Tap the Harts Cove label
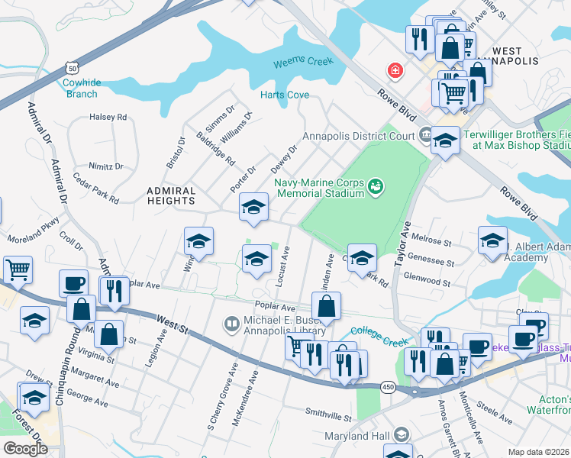pyautogui.click(x=285, y=95)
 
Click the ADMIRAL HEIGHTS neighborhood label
pyautogui.click(x=171, y=195)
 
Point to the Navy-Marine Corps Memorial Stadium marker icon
pyautogui.click(x=375, y=185)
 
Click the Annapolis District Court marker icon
pyautogui.click(x=425, y=137)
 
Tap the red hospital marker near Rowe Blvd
pyautogui.click(x=395, y=71)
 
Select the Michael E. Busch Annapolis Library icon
pyautogui.click(x=230, y=324)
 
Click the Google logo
pyautogui.click(x=25, y=448)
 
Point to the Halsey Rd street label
pyautogui.click(x=108, y=117)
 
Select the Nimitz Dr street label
pyautogui.click(x=106, y=166)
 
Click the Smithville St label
pyautogui.click(x=327, y=418)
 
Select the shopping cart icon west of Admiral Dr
pyautogui.click(x=18, y=269)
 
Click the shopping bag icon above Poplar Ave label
pyautogui.click(x=326, y=306)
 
